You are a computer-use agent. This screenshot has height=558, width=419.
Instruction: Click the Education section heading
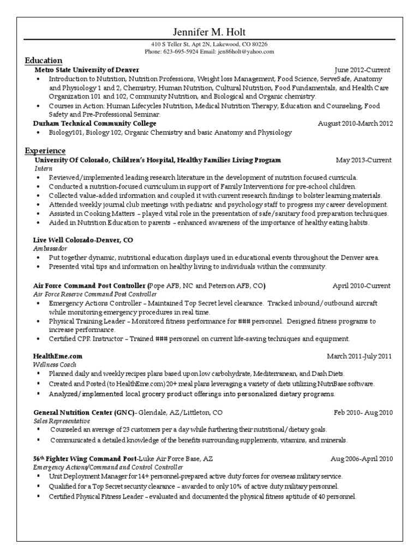[x=44, y=61]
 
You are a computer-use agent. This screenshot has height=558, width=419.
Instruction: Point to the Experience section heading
[x=45, y=150]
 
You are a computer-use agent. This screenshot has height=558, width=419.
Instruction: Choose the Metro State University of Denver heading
[x=87, y=70]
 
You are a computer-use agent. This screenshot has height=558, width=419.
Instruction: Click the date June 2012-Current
[x=362, y=70]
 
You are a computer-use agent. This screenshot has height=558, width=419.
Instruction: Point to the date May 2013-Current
[x=363, y=160]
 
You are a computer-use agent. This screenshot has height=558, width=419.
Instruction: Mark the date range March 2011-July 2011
[x=359, y=356]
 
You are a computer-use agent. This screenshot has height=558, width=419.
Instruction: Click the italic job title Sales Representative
[x=62, y=421]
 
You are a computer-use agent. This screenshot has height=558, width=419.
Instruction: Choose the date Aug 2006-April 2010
[x=361, y=459]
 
